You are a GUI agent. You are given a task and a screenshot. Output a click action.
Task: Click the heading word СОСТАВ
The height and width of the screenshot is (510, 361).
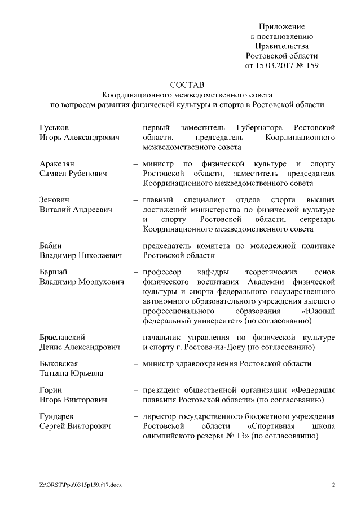(x=186, y=85)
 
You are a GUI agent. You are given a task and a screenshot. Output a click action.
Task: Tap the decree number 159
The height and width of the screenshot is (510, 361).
(x=311, y=65)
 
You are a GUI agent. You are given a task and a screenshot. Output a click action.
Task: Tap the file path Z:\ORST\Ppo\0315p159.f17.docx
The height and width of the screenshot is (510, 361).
(x=81, y=485)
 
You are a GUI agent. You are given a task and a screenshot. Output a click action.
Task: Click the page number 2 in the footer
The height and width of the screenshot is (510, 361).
(x=333, y=485)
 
